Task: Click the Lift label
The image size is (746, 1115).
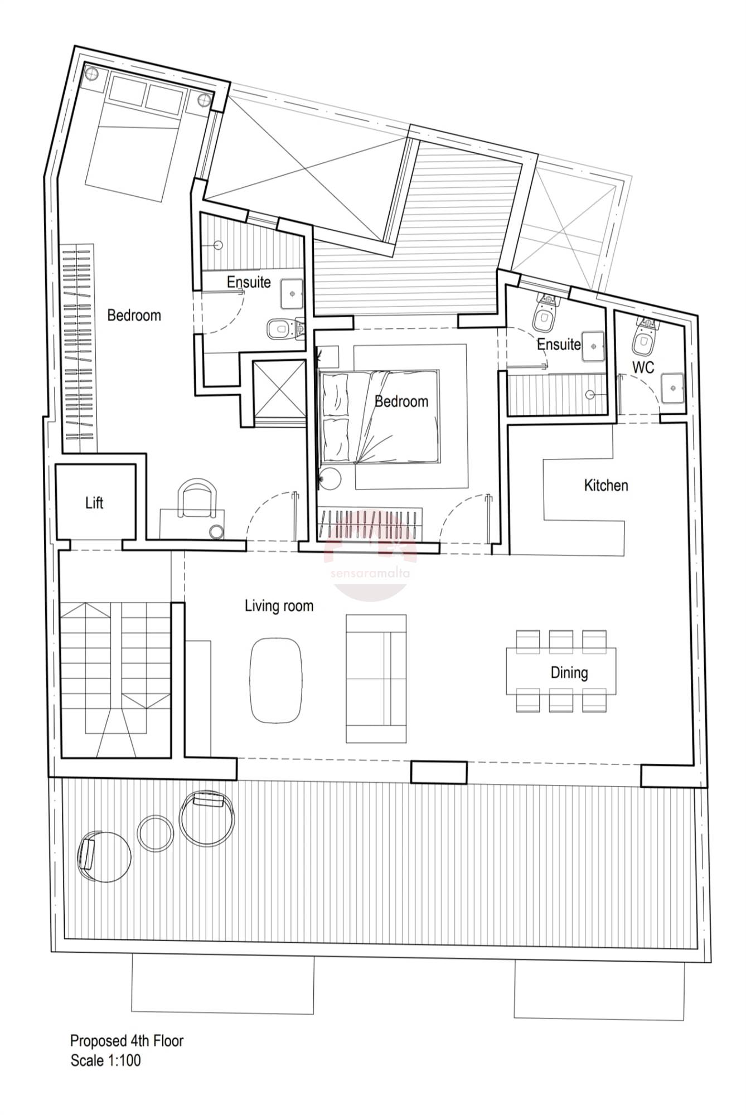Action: (x=94, y=503)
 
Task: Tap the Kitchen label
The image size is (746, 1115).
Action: (x=606, y=485)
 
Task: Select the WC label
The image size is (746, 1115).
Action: (x=643, y=367)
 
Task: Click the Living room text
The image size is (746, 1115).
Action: (x=279, y=606)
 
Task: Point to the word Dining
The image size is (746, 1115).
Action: (x=569, y=673)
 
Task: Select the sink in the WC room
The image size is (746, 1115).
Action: (x=674, y=387)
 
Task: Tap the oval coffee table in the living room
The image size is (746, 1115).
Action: (x=276, y=680)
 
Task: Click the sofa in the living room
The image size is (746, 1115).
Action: (x=376, y=678)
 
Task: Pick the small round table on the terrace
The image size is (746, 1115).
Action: (x=156, y=833)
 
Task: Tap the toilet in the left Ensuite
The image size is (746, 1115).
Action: (x=284, y=328)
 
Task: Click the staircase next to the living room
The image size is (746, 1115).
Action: (x=116, y=680)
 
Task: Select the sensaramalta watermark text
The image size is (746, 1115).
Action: (x=370, y=573)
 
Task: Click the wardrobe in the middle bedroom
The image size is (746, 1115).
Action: (x=370, y=525)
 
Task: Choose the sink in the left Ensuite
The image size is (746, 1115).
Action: (x=292, y=294)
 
